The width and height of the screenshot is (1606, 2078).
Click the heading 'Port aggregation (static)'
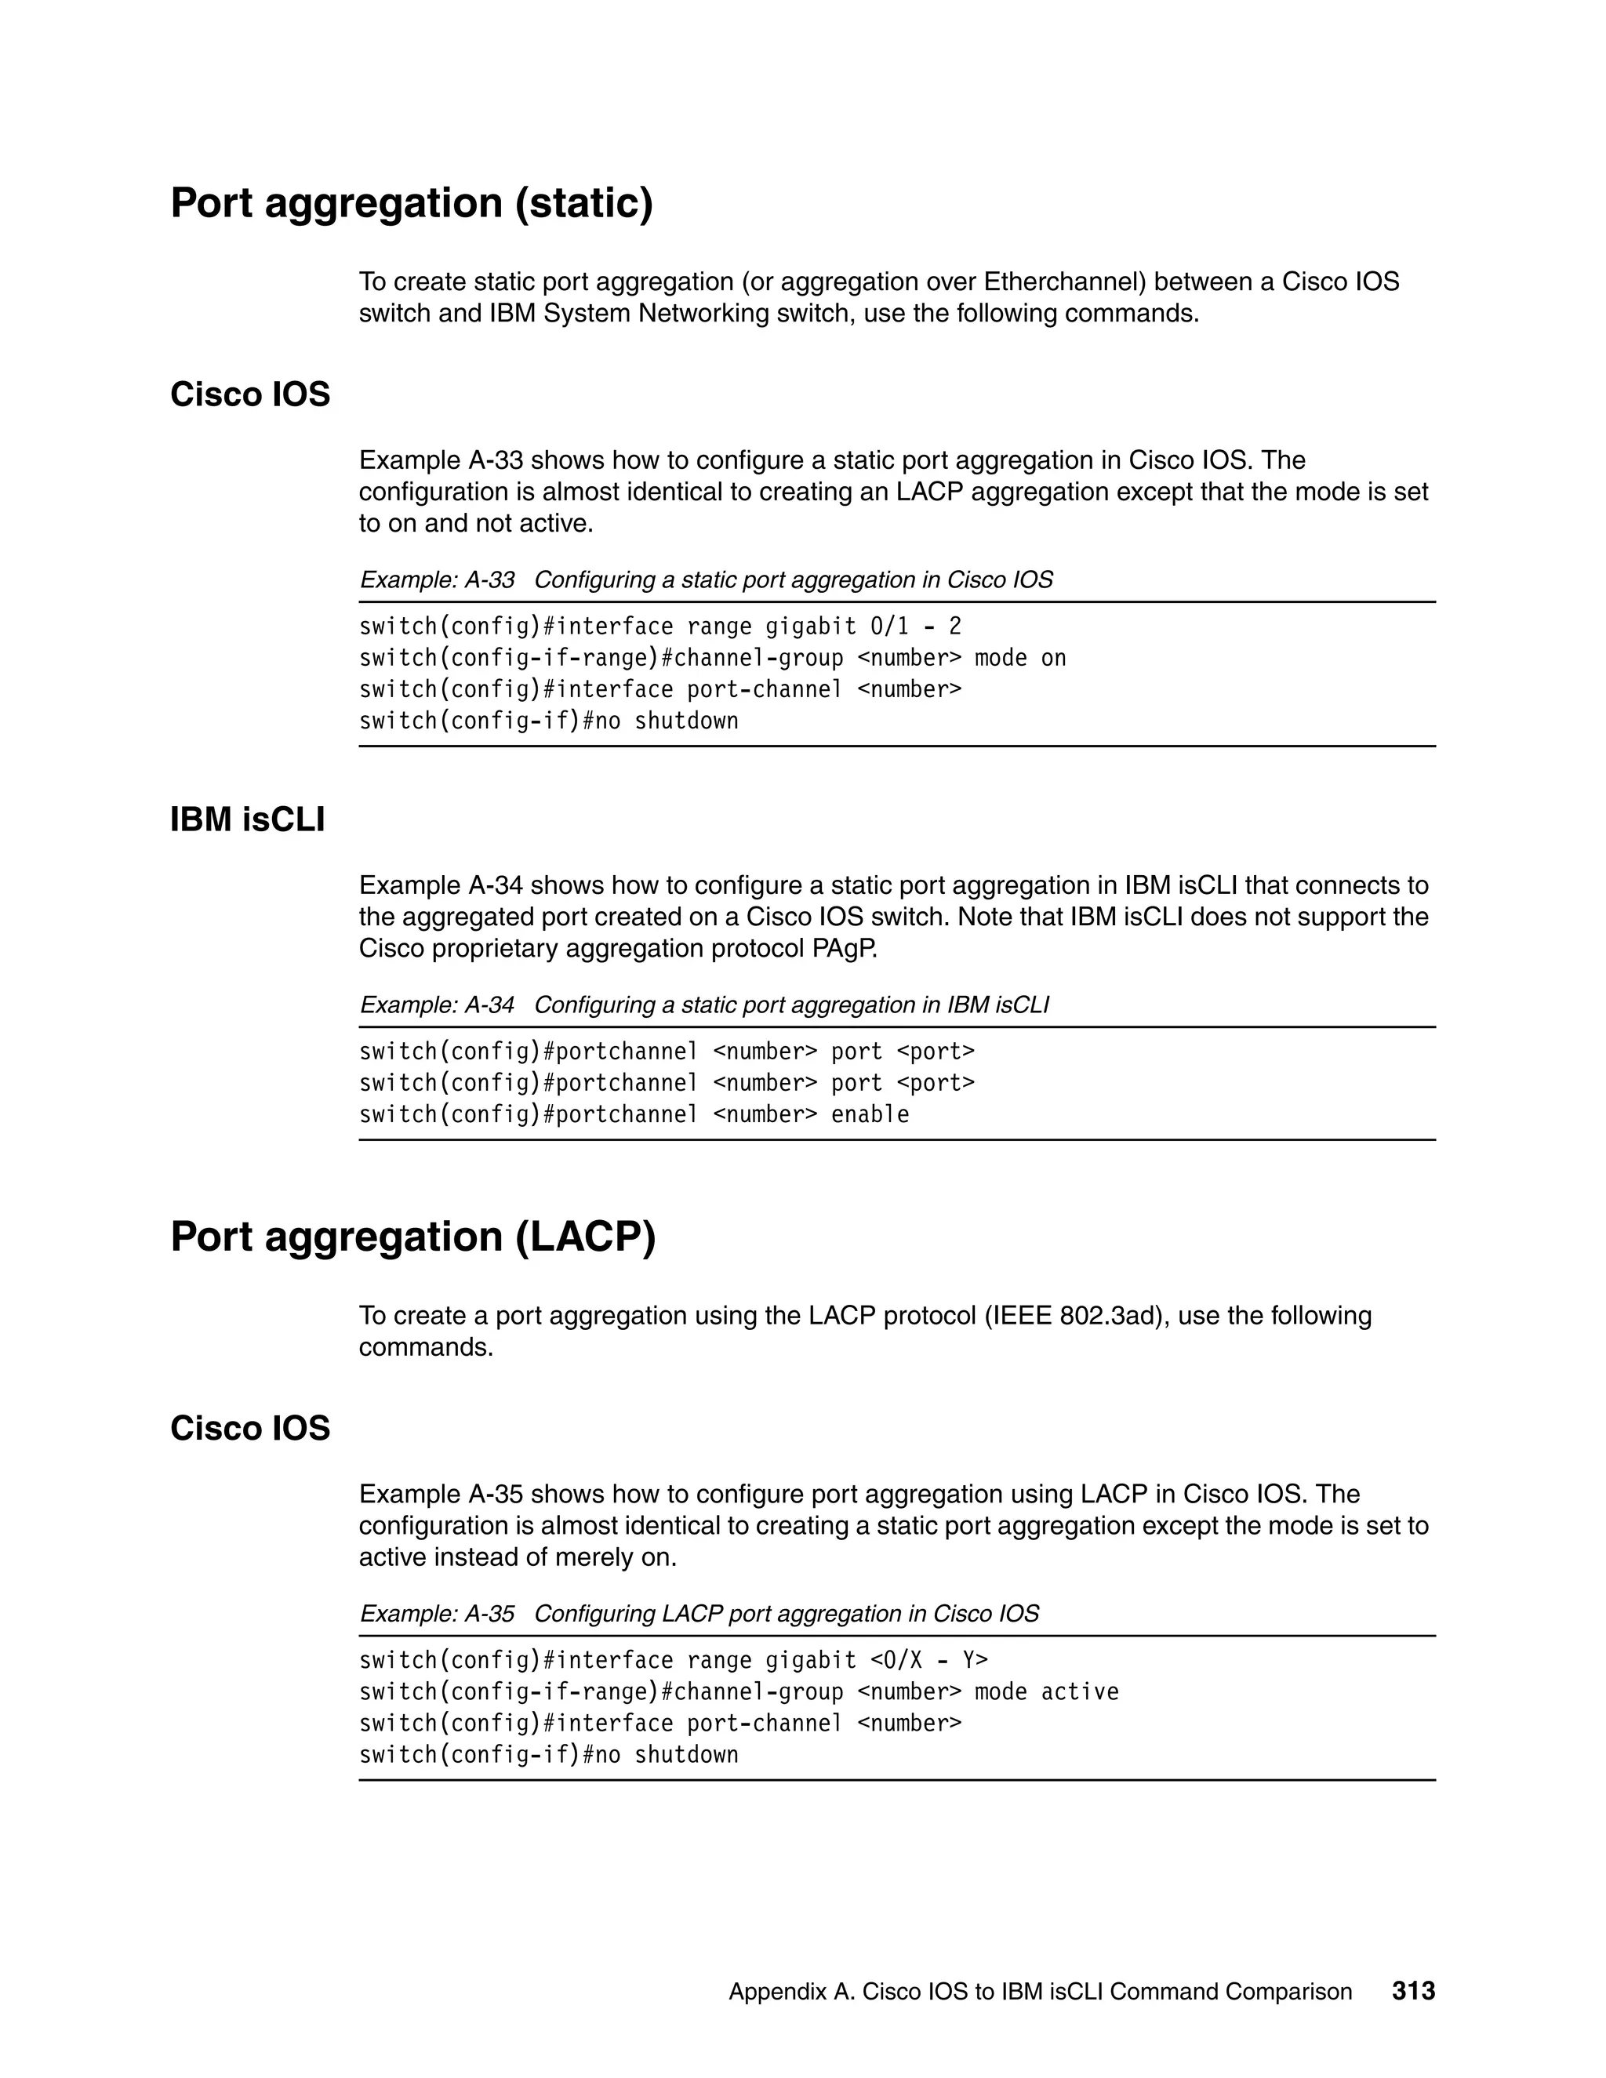coord(411,204)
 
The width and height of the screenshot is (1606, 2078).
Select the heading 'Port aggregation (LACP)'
coord(413,1237)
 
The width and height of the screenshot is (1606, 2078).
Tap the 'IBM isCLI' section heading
coord(247,819)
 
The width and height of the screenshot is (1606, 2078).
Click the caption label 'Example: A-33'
coord(437,579)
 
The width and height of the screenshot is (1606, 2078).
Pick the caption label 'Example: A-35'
coord(437,1614)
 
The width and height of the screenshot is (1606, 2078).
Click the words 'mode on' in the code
coord(1020,659)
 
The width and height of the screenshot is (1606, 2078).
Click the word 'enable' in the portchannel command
coord(870,1115)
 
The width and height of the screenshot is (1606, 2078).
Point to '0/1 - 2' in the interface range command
coord(915,627)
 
